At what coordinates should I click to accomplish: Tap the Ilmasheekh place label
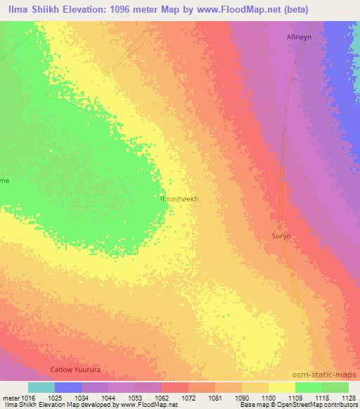tap(180, 199)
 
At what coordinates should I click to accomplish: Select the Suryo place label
tap(281, 236)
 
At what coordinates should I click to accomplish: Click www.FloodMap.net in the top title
tap(231, 8)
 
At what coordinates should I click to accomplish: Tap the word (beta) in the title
tap(293, 8)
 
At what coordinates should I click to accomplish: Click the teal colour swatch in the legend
tap(41, 387)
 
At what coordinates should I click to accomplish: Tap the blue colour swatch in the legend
tap(67, 387)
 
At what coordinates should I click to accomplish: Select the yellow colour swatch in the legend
tap(281, 387)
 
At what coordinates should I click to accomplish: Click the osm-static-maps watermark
tap(323, 376)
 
